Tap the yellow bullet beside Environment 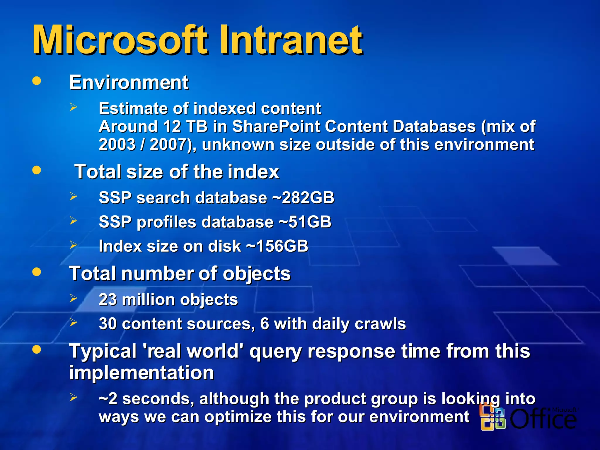[37, 81]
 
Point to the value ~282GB [304, 197]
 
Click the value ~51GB [305, 222]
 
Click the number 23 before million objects [108, 299]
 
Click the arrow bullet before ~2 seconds [73, 397]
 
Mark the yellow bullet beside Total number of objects [37, 272]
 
